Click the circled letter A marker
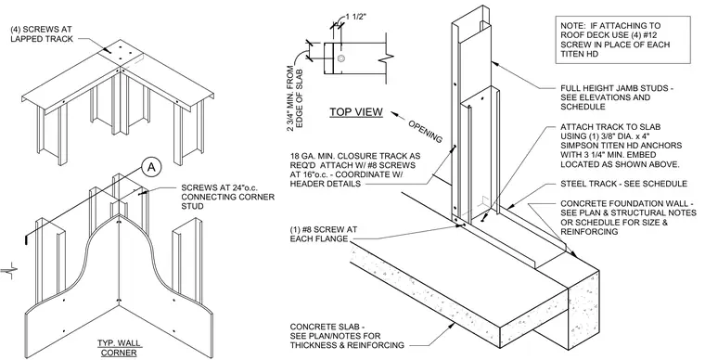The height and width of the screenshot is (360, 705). click(151, 168)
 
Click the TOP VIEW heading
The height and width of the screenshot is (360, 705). click(356, 112)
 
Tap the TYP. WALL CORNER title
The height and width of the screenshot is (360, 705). click(119, 348)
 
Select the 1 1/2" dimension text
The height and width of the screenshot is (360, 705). click(356, 17)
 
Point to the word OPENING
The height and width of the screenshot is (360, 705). click(425, 131)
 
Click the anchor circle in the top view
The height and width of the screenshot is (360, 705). click(341, 58)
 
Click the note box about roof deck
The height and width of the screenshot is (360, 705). click(622, 40)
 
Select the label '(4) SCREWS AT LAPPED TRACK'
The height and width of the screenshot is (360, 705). click(42, 34)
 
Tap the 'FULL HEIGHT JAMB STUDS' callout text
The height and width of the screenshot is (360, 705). click(617, 97)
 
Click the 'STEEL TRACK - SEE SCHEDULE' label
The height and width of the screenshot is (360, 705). click(623, 184)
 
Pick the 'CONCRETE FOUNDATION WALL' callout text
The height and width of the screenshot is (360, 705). click(628, 217)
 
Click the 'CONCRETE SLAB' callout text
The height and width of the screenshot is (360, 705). click(347, 336)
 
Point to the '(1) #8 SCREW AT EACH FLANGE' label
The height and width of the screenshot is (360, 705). click(324, 234)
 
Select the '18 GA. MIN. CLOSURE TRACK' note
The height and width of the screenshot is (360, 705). click(355, 170)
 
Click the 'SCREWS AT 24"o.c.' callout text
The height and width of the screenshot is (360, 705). click(227, 197)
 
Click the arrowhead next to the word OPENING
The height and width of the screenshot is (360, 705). click(394, 114)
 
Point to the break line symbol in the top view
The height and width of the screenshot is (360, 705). click(387, 59)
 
